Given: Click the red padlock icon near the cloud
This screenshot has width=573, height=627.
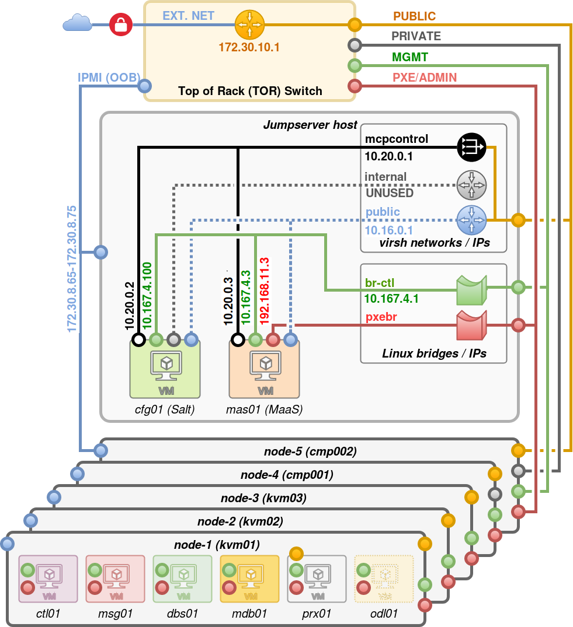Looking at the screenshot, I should coord(121,24).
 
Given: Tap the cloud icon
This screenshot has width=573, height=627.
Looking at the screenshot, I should coord(77,23).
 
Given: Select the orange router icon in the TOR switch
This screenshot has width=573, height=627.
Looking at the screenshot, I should coord(250,24).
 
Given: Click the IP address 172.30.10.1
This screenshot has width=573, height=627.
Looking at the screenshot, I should coord(249,47).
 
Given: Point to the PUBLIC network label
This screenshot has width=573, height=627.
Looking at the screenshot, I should coord(414,16).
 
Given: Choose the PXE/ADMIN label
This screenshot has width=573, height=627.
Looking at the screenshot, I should coord(425,78).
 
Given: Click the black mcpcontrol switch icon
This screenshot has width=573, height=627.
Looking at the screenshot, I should coord(471,146).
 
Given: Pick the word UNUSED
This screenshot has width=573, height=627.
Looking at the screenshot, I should coord(389,193).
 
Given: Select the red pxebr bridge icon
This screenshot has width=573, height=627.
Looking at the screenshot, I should coord(471,325).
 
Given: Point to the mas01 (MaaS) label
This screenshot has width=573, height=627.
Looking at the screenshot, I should coord(264,410).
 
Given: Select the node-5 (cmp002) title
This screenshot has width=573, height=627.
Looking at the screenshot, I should coord(310,451).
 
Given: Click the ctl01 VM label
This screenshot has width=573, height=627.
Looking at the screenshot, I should coord(48,613).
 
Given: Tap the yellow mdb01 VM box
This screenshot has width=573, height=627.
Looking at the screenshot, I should coord(249,579).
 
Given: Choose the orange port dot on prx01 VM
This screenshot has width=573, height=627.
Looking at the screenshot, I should coord(296,552).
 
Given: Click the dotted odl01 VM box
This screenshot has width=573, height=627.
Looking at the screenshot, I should coord(384,579).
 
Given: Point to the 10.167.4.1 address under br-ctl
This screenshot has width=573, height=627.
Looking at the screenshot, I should coord(391,299).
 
